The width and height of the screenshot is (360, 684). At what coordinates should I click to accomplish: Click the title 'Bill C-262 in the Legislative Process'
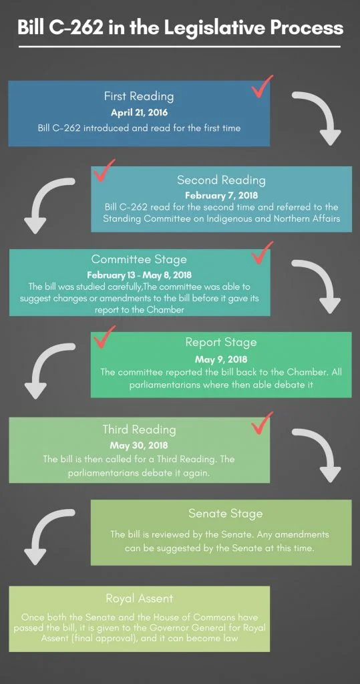(180, 27)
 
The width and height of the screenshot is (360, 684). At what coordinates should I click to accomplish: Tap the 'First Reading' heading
(139, 96)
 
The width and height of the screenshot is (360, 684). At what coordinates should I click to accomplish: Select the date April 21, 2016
(139, 112)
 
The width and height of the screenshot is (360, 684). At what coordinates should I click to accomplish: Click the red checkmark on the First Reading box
(262, 86)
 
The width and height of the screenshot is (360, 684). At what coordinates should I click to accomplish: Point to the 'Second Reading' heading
(221, 180)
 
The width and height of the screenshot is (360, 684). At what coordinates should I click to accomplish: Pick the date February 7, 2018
(221, 195)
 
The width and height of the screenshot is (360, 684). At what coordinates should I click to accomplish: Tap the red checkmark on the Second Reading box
(104, 171)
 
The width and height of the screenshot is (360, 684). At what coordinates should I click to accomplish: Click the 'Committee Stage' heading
(139, 259)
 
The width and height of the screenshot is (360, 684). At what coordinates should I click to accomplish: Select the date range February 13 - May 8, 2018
(139, 276)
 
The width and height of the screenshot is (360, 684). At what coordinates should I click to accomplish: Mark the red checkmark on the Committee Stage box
(262, 253)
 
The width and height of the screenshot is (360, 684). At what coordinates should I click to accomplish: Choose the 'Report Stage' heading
(221, 343)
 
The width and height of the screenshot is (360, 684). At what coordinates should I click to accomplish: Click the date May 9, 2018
(221, 359)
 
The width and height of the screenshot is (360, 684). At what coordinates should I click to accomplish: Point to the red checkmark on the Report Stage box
(104, 337)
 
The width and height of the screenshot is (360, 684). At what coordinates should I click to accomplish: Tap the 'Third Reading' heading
(139, 430)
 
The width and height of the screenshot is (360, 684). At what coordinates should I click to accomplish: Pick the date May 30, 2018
(139, 446)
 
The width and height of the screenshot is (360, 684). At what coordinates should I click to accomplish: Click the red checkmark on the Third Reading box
(262, 423)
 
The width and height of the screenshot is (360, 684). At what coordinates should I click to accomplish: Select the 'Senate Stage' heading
(225, 514)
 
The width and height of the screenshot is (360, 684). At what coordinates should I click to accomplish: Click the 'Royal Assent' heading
(139, 598)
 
